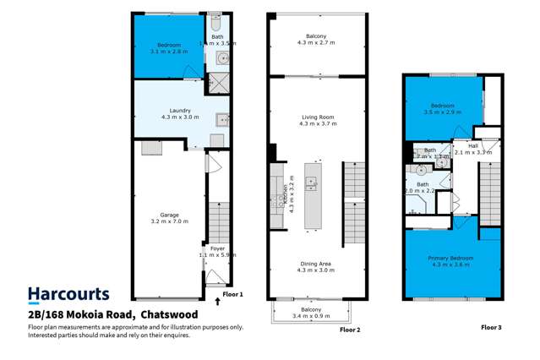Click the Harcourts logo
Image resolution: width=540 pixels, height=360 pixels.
click(68, 294)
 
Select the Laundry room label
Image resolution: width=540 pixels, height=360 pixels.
click(179, 110)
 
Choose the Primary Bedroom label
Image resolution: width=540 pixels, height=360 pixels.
click(450, 258)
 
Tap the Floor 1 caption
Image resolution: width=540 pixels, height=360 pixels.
click(232, 294)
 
